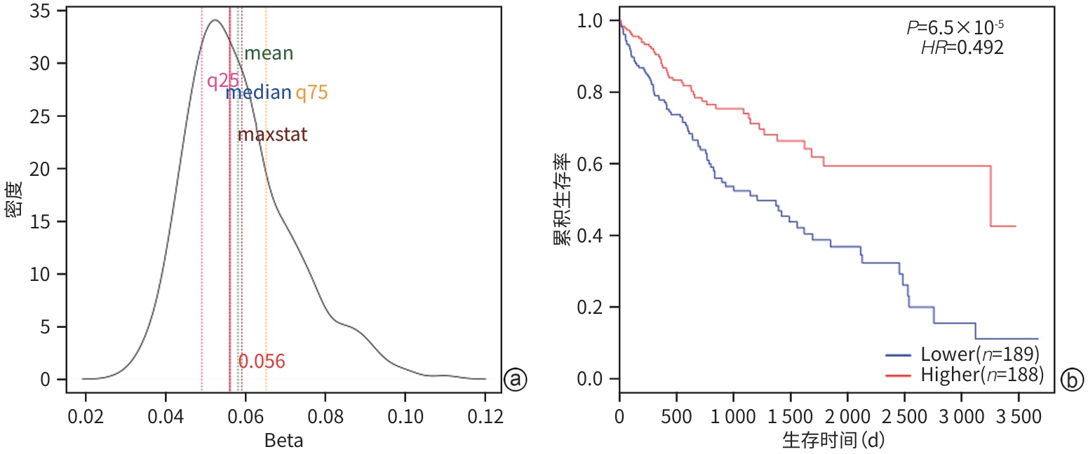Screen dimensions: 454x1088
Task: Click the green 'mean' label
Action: click(268, 53)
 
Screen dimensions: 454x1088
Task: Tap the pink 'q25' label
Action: click(222, 81)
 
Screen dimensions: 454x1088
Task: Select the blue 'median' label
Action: click(258, 92)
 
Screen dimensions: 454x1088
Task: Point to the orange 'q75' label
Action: click(311, 92)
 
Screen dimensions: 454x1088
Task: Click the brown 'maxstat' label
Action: click(272, 135)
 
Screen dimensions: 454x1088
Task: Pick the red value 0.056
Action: click(262, 362)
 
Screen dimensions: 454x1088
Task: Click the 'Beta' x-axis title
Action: click(284, 441)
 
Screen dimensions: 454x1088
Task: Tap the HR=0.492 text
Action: click(962, 48)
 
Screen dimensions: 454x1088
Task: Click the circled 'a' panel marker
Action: click(515, 379)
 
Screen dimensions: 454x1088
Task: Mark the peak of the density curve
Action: click(215, 20)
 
